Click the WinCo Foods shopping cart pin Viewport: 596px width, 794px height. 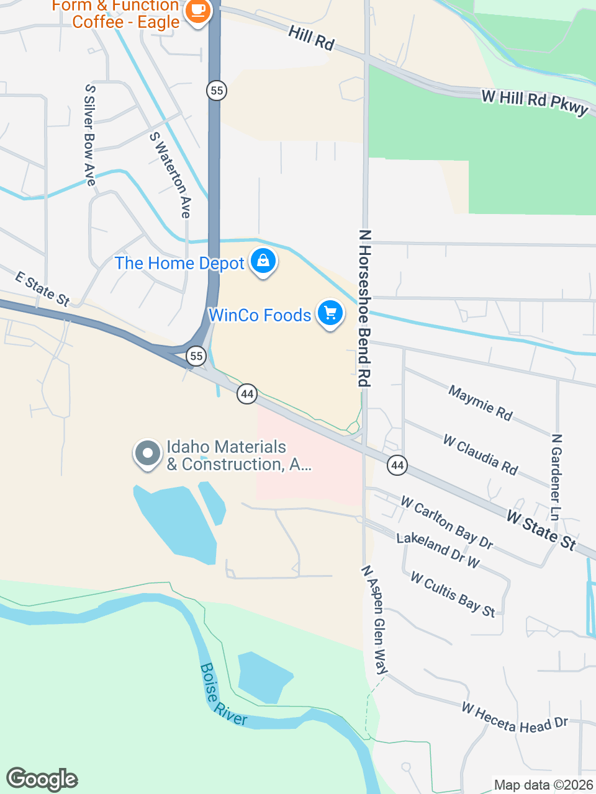pyautogui.click(x=330, y=313)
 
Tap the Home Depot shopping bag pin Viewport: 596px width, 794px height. pyautogui.click(x=263, y=261)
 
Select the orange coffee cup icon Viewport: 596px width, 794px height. pyautogui.click(x=197, y=11)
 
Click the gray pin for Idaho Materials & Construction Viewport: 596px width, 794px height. pyautogui.click(x=147, y=454)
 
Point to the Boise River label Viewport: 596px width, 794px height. pyautogui.click(x=223, y=695)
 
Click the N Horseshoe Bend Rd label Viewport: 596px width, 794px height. pyautogui.click(x=364, y=308)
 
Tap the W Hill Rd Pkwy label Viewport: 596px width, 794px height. pyautogui.click(x=535, y=102)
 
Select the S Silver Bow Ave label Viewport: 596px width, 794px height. pyautogui.click(x=91, y=135)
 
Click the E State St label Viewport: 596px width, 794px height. pyautogui.click(x=42, y=288)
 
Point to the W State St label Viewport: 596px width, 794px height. pyautogui.click(x=541, y=529)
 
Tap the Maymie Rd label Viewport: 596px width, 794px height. pyautogui.click(x=481, y=403)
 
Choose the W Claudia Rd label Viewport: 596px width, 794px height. pyautogui.click(x=481, y=454)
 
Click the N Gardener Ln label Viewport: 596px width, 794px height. pyautogui.click(x=556, y=476)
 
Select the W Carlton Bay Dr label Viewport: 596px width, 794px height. pyautogui.click(x=447, y=522)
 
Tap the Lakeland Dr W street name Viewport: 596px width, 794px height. pyautogui.click(x=438, y=550)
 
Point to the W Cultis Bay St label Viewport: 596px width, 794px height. pyautogui.click(x=453, y=594)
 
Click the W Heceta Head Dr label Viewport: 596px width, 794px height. pyautogui.click(x=515, y=717)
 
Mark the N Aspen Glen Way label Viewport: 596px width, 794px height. pyautogui.click(x=375, y=619)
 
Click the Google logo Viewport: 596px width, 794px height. pyautogui.click(x=42, y=779)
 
